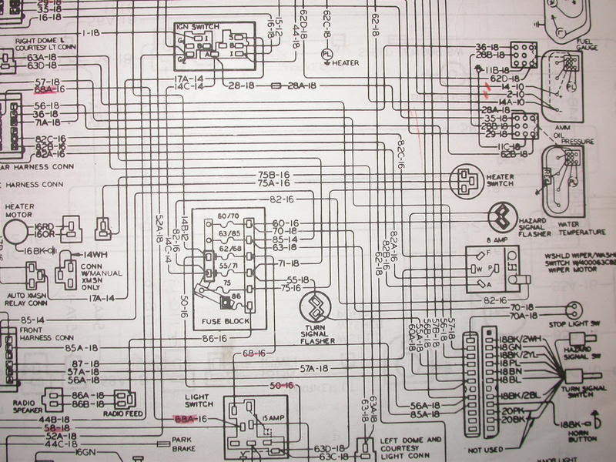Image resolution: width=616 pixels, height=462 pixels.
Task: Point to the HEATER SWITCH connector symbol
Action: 466,180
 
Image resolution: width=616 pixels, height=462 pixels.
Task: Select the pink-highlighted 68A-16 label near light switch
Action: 189,418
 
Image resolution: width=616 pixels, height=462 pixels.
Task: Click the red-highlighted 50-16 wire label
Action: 282,385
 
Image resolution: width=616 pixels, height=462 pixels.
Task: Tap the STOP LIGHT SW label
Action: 590,325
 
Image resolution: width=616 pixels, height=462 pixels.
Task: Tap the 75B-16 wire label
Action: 273,176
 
